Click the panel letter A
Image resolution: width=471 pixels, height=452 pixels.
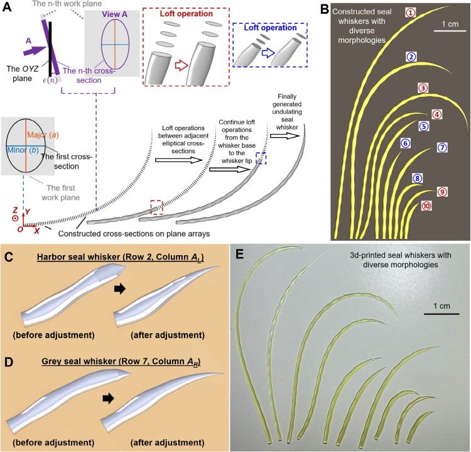coord(8,9)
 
